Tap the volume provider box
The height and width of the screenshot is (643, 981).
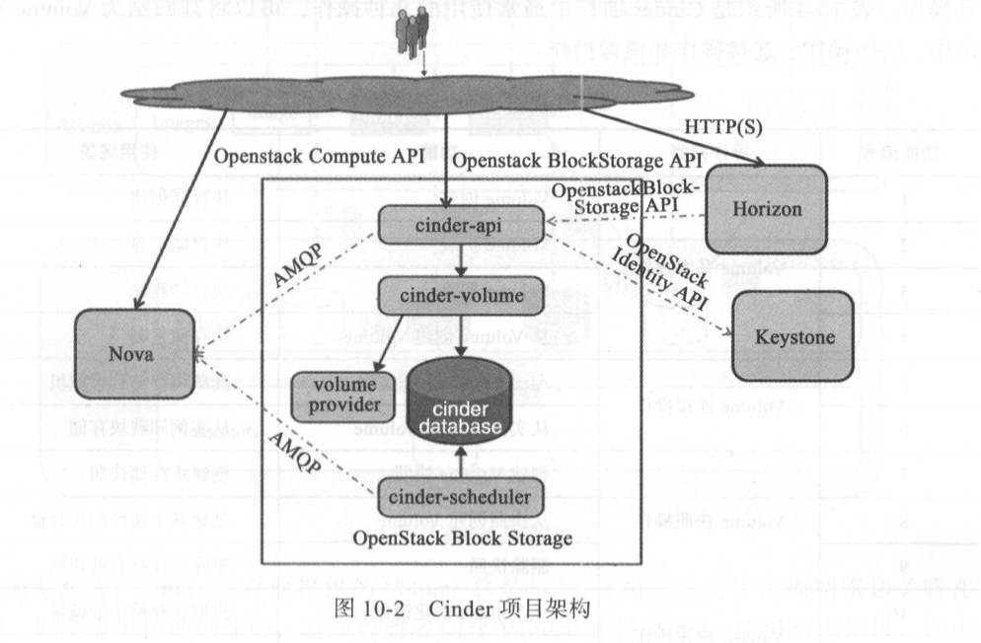340,393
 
